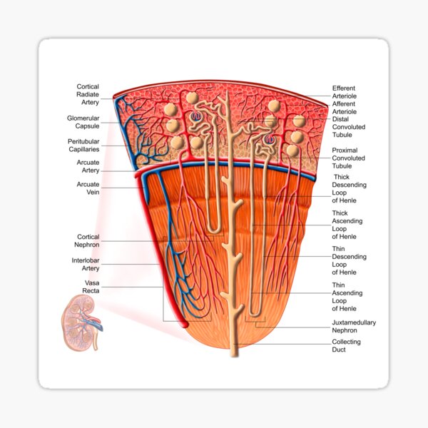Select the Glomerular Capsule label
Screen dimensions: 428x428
(83, 122)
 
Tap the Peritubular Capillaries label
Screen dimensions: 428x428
(83, 146)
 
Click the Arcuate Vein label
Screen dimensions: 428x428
(88, 188)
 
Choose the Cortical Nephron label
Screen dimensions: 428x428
(88, 240)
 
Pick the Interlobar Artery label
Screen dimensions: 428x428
(86, 265)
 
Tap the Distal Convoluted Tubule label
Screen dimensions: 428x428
(348, 127)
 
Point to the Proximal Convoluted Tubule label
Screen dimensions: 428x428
(348, 158)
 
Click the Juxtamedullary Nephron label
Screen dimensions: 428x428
(354, 327)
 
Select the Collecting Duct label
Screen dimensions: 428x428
(346, 346)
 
